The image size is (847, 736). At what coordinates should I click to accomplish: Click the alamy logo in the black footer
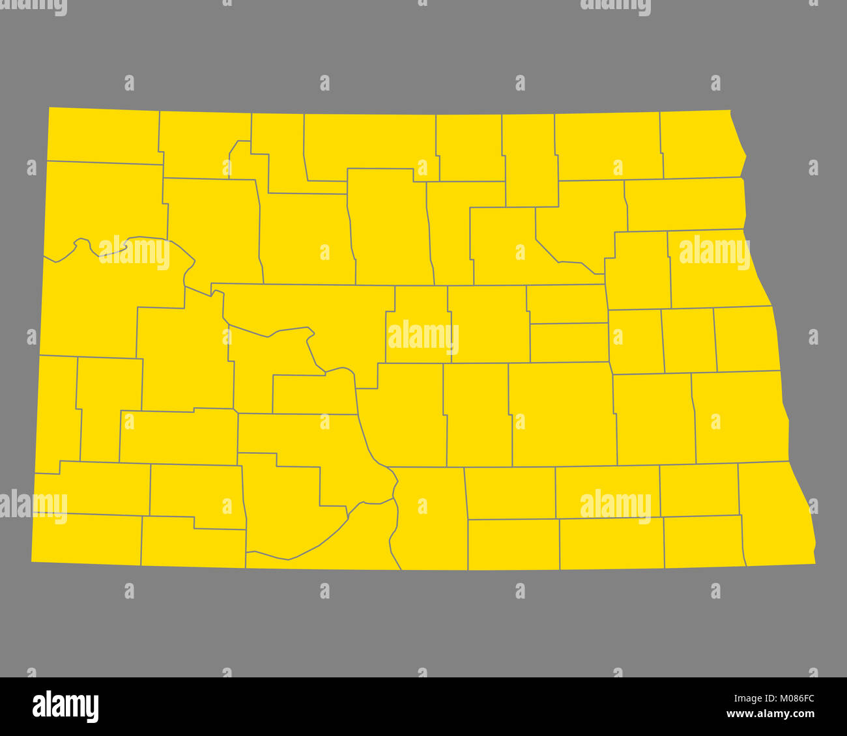pos(65,706)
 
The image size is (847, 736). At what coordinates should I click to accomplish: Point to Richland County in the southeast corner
pos(775,515)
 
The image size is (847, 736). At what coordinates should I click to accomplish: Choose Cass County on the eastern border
pos(739,417)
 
